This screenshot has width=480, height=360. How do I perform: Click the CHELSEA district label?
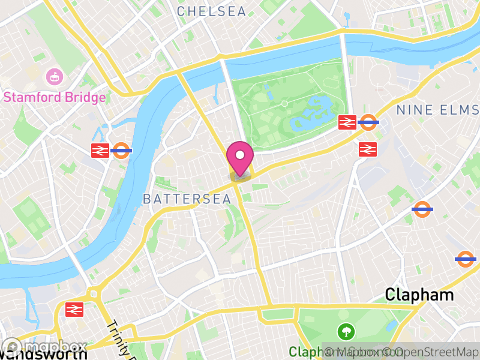pyautogui.click(x=211, y=11)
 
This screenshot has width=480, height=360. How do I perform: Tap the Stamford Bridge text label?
pyautogui.click(x=55, y=97)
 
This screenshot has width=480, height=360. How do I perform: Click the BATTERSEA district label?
pyautogui.click(x=187, y=199)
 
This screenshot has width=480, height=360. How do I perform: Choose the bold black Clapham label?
pyautogui.click(x=419, y=295)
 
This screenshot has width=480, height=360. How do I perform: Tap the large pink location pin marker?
pyautogui.click(x=240, y=157)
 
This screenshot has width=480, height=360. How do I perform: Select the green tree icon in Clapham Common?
pyautogui.click(x=346, y=331)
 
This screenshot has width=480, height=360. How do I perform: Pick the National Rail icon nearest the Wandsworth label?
pyautogui.click(x=74, y=309)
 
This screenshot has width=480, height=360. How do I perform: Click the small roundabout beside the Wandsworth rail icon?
pyautogui.click(x=93, y=295)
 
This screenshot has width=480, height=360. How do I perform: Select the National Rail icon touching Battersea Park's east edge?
pyautogui.click(x=347, y=122)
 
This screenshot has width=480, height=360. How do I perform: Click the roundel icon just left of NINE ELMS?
pyautogui.click(x=368, y=122)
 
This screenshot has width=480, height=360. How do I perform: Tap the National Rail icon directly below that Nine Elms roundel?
pyautogui.click(x=368, y=149)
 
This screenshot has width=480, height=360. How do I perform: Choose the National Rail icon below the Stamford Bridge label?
pyautogui.click(x=100, y=151)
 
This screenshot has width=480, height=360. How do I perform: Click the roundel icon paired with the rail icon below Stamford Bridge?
pyautogui.click(x=122, y=151)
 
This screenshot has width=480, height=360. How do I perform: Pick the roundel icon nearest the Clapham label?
pyautogui.click(x=465, y=259)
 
